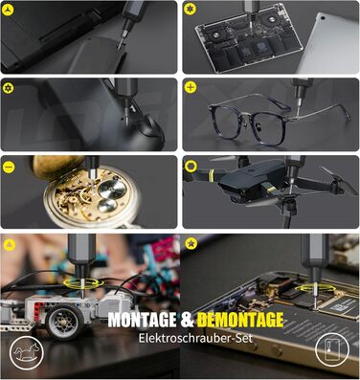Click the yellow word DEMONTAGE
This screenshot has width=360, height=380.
[237, 319]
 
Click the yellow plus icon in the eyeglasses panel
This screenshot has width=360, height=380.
[191, 87]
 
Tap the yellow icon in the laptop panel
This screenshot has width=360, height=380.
[191, 10]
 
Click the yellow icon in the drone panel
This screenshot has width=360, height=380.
[191, 164]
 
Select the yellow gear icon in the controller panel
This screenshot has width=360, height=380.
[9, 87]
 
